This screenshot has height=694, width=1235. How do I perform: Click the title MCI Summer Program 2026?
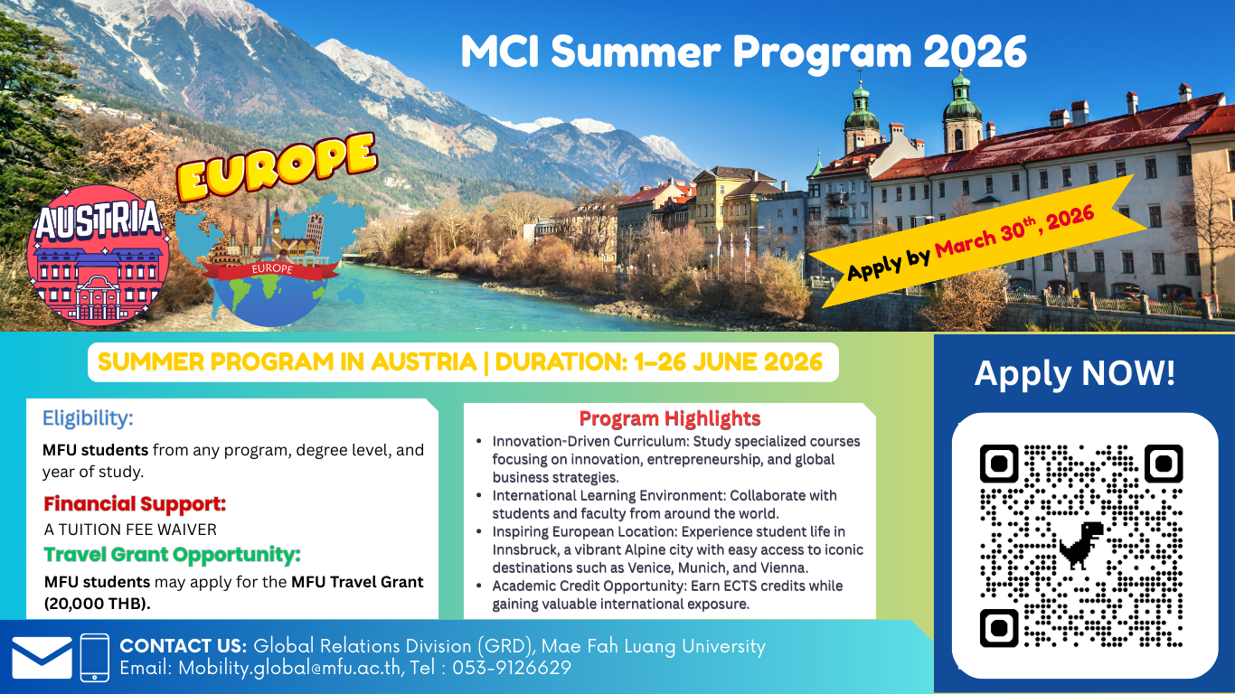click(743, 52)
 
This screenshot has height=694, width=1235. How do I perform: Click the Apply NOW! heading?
click(1075, 373)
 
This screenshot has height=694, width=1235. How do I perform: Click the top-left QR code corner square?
click(999, 464)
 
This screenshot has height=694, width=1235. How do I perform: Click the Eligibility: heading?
click(88, 418)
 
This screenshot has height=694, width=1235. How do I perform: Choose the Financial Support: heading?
click(135, 504)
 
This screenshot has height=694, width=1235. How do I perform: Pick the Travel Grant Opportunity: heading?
click(172, 554)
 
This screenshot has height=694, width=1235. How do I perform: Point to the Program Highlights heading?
click(670, 418)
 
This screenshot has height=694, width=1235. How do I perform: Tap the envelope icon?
click(42, 658)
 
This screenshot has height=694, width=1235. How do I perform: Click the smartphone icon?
click(94, 658)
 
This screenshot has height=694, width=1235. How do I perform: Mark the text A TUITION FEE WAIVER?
click(130, 530)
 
